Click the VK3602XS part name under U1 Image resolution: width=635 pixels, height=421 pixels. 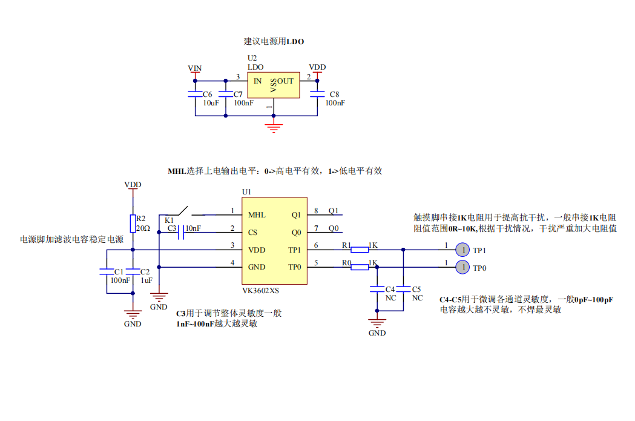(x=260, y=291)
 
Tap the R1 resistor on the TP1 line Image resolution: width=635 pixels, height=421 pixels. (x=360, y=249)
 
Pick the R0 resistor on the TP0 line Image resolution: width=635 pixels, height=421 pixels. (x=360, y=267)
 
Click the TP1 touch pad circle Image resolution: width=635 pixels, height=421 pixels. (x=462, y=249)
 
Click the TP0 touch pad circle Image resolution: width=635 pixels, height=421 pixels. (x=462, y=267)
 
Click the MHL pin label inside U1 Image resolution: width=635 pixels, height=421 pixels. (x=257, y=214)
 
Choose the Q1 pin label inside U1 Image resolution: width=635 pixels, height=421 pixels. (x=296, y=214)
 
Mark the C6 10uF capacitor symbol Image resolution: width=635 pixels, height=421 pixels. (x=194, y=94)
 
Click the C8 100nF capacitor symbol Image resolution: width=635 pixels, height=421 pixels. (x=317, y=93)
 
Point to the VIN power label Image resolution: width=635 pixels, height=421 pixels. (x=195, y=68)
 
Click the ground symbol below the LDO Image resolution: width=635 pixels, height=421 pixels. (x=274, y=127)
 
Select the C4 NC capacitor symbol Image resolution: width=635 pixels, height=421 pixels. (x=377, y=290)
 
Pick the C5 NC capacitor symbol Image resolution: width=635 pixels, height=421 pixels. (x=403, y=288)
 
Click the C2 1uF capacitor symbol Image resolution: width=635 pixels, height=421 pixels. (x=133, y=272)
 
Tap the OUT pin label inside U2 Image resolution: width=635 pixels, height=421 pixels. (x=286, y=81)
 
